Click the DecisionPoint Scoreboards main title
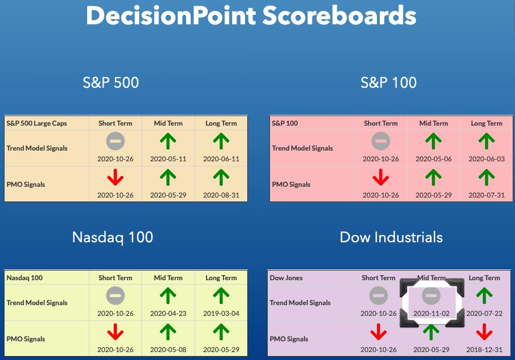[251, 15]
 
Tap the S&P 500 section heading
[111, 83]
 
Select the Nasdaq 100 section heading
[113, 237]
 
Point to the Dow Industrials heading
[391, 237]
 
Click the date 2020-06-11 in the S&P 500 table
[221, 159]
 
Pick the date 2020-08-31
[221, 195]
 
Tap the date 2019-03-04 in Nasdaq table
[221, 314]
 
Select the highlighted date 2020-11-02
[431, 314]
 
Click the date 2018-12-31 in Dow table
[484, 349]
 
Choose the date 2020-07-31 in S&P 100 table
[487, 195]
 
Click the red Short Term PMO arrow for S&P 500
[115, 177]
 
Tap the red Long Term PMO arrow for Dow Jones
[484, 332]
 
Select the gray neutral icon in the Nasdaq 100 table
[115, 295]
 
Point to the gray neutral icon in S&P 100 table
[381, 141]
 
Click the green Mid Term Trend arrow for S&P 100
[434, 142]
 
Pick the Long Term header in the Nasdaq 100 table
[221, 278]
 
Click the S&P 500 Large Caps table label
[37, 123]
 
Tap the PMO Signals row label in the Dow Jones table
[289, 339]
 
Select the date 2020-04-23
[168, 314]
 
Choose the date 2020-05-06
[434, 159]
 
